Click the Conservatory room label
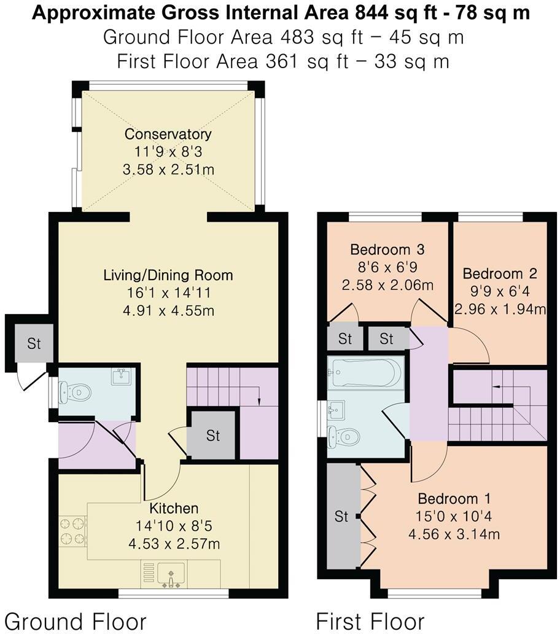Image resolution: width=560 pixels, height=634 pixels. coord(168,134)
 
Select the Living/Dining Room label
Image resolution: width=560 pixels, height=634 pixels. coord(168,275)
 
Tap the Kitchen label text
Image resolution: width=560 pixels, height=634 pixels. coord(174,509)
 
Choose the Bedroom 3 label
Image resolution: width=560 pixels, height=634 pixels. coord(387,250)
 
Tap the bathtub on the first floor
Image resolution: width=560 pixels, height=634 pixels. coord(365,372)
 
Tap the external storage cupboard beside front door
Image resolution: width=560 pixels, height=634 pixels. coord(33,343)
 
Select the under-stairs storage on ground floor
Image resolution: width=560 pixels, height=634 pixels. coord(212,436)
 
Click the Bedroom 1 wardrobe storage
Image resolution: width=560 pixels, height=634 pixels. coord(342,517)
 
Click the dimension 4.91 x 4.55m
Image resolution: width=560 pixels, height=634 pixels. coord(168,310)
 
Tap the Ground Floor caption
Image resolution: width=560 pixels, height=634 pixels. coord(76,620)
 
